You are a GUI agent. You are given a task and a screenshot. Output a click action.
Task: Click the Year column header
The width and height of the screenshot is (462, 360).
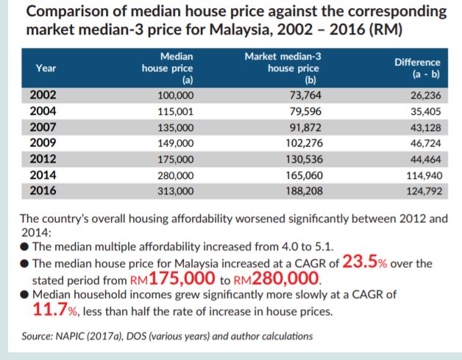[x=46, y=68]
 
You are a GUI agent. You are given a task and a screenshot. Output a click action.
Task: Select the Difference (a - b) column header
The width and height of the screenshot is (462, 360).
[x=416, y=68]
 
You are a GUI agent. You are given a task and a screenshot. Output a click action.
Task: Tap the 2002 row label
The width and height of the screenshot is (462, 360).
[x=42, y=96]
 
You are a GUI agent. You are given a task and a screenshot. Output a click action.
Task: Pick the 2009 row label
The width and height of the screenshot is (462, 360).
[x=42, y=143]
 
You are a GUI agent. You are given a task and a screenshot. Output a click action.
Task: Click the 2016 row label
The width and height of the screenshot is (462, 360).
[x=42, y=190]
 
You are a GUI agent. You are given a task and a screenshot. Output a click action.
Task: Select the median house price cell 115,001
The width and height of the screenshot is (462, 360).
[x=176, y=112]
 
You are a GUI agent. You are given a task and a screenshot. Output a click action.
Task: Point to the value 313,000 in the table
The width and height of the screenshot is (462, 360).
[x=176, y=191]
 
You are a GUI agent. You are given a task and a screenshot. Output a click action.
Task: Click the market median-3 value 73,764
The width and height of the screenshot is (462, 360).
[x=305, y=96]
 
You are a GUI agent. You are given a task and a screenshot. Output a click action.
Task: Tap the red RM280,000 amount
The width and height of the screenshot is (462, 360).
[x=276, y=279]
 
